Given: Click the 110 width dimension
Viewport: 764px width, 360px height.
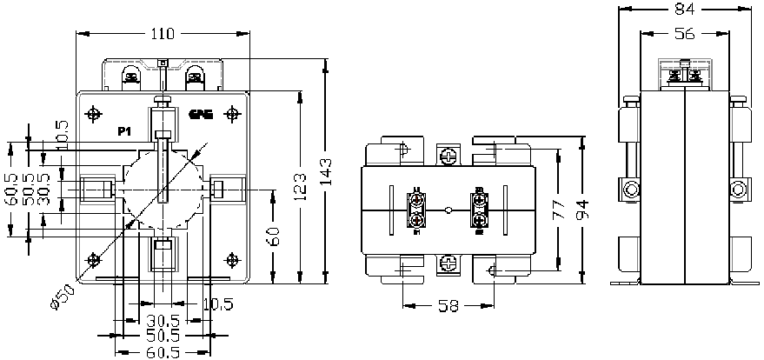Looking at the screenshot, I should pyautogui.click(x=163, y=34).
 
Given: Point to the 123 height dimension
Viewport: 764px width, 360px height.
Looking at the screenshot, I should pyautogui.click(x=300, y=187).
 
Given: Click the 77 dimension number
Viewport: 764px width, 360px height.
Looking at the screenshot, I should pyautogui.click(x=559, y=209).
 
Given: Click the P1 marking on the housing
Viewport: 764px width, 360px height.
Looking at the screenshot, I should pyautogui.click(x=124, y=132).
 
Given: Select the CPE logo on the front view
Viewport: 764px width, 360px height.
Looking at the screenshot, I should pyautogui.click(x=200, y=114).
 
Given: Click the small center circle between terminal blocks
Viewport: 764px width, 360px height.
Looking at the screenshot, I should pyautogui.click(x=448, y=210).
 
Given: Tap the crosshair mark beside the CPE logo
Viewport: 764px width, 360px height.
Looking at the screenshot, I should pyautogui.click(x=232, y=114).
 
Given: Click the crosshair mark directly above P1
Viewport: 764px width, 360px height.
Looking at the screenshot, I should pyautogui.click(x=94, y=114).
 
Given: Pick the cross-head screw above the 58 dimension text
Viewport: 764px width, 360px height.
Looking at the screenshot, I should pyautogui.click(x=448, y=261).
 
